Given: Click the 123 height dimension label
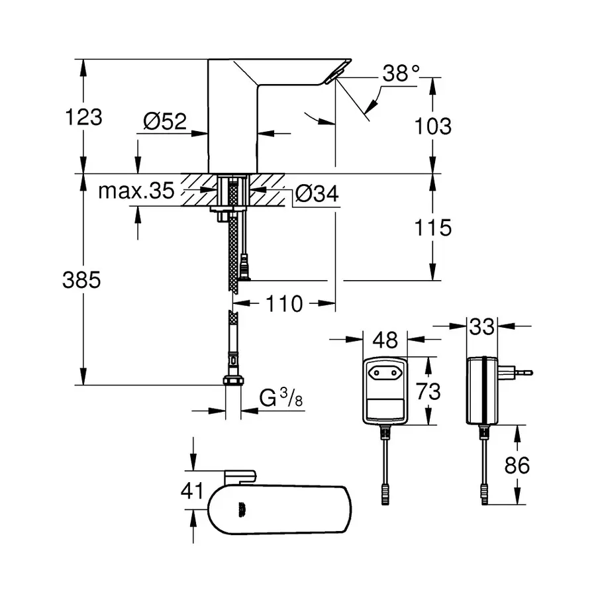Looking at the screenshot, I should (x=84, y=117).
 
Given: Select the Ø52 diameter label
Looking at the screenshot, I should (x=165, y=121).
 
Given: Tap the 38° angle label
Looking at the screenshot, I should (x=401, y=74).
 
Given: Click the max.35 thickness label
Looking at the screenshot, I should (x=136, y=191).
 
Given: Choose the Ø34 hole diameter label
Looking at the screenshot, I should (x=316, y=194).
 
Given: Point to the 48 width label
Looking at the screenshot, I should (x=385, y=340).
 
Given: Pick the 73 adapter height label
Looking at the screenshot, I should (x=428, y=391).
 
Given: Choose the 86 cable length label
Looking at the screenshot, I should (x=517, y=466).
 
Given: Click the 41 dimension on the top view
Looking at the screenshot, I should (x=193, y=491).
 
